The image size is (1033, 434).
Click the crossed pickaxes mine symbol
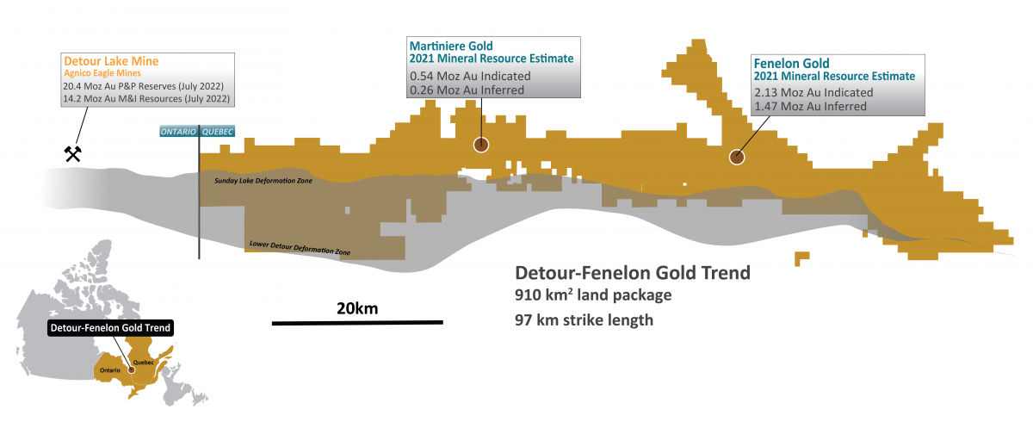(72, 154)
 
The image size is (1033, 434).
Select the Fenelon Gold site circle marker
(737, 157)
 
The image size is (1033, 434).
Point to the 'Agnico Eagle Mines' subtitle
(102, 75)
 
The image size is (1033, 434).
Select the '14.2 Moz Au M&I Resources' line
(147, 99)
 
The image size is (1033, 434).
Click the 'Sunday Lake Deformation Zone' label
(263, 182)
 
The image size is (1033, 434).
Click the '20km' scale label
(357, 308)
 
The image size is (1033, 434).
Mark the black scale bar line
(357, 323)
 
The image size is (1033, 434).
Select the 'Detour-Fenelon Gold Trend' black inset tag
(109, 328)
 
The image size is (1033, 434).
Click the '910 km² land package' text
(592, 296)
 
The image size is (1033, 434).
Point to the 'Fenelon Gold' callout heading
(791, 63)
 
